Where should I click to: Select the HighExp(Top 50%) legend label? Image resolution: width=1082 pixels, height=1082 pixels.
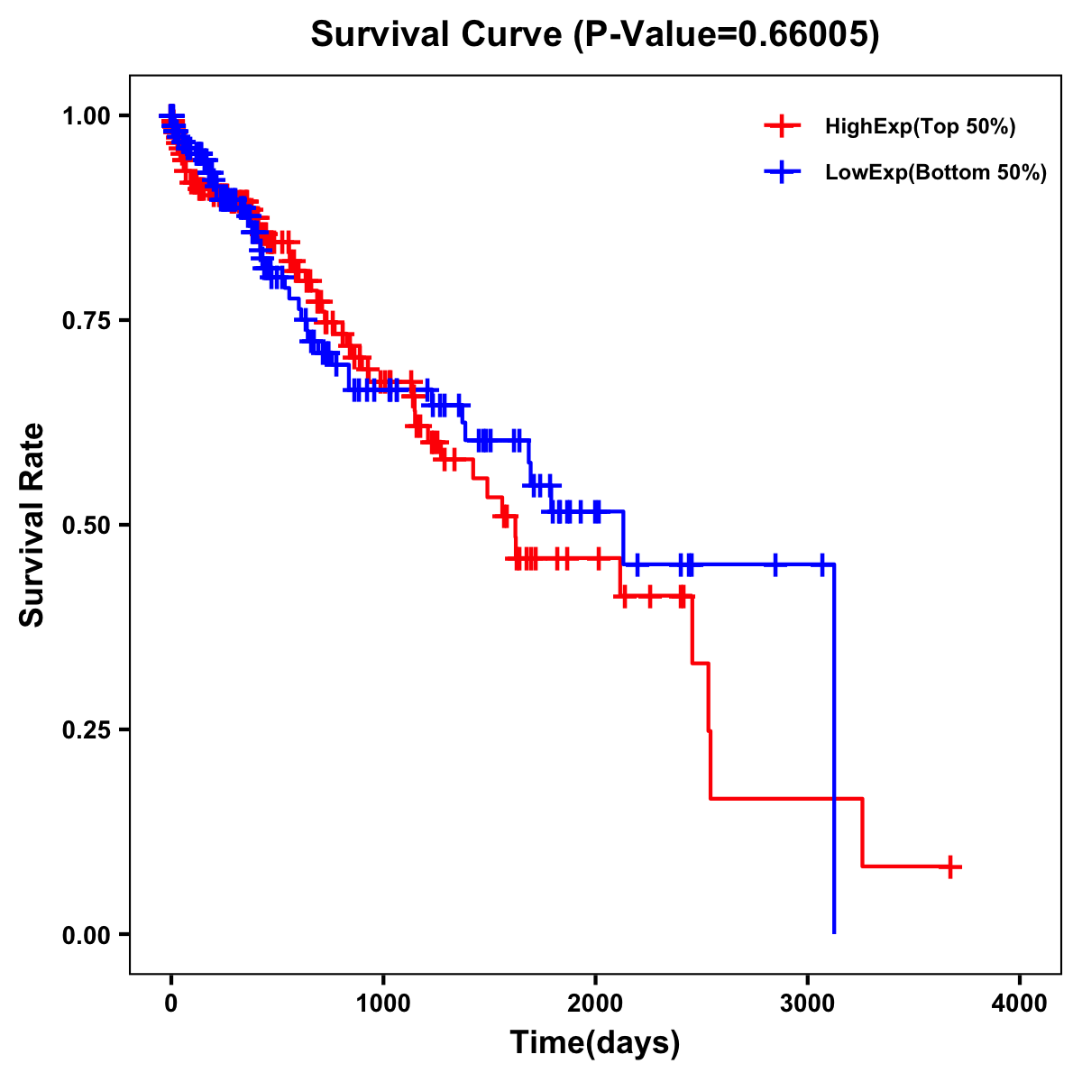click(x=921, y=127)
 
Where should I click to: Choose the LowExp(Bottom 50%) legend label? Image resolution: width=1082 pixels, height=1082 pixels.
click(x=936, y=172)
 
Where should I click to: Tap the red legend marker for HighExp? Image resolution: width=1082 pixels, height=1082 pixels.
click(x=782, y=126)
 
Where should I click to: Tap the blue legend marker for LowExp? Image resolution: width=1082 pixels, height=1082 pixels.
click(x=782, y=171)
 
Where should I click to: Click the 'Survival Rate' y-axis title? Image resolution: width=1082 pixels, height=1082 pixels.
click(x=32, y=525)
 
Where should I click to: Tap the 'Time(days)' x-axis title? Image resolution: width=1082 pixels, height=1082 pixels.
click(x=595, y=1043)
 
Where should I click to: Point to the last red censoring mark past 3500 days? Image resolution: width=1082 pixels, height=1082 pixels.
click(x=949, y=867)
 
